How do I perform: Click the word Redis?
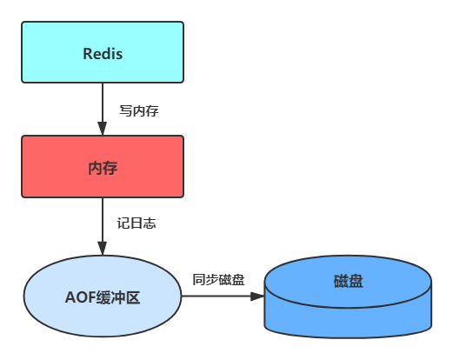click(x=103, y=54)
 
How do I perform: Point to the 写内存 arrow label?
click(x=139, y=110)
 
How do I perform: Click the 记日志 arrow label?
click(x=137, y=223)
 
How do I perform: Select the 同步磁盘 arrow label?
click(x=218, y=280)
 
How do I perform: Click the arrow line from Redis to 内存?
click(x=103, y=103)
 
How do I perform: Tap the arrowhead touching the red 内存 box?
click(x=103, y=130)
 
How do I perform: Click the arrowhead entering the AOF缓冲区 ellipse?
click(x=103, y=250)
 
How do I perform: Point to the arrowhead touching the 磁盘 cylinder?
click(x=257, y=297)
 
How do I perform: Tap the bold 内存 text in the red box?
click(x=103, y=167)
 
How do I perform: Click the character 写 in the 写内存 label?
click(x=125, y=110)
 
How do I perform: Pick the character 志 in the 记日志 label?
click(x=150, y=223)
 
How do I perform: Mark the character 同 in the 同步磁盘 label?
click(x=199, y=280)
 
